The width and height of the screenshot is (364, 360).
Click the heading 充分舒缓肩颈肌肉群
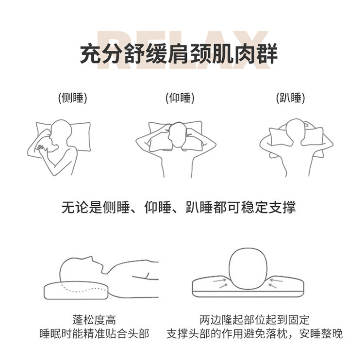tap(179, 53)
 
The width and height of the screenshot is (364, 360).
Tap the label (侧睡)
tap(72, 98)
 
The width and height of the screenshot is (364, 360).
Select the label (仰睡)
tap(180, 98)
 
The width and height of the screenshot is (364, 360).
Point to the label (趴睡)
tap(290, 98)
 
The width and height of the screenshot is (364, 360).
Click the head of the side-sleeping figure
tap(61, 133)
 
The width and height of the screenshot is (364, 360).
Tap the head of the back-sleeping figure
tap(178, 134)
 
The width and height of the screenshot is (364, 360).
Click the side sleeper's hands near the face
tap(43, 150)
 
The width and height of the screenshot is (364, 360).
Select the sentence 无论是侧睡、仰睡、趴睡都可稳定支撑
tap(179, 207)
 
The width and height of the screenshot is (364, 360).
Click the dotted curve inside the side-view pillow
tap(84, 289)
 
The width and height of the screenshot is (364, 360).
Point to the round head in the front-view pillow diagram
tap(248, 269)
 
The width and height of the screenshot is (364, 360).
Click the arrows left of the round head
tap(220, 283)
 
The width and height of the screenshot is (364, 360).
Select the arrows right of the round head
tap(275, 283)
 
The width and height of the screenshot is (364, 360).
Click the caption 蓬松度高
tap(94, 320)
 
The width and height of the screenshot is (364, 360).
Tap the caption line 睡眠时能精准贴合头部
tap(94, 334)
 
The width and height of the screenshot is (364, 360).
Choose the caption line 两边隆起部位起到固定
tap(254, 320)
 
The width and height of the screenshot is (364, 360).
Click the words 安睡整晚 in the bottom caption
tap(321, 334)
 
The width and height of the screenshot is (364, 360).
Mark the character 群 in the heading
tap(267, 53)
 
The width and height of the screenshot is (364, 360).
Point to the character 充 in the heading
tap(91, 53)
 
